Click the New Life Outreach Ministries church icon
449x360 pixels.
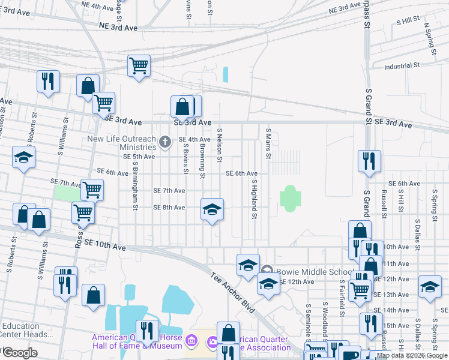point(166,142)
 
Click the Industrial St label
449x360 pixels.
point(402,66)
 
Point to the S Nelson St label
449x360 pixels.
point(220,145)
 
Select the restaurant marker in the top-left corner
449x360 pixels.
point(48,81)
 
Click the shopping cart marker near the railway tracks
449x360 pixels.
point(139,65)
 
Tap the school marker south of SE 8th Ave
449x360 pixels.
point(211,209)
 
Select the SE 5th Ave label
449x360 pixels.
point(139,157)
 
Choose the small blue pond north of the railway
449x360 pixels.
point(226,74)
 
